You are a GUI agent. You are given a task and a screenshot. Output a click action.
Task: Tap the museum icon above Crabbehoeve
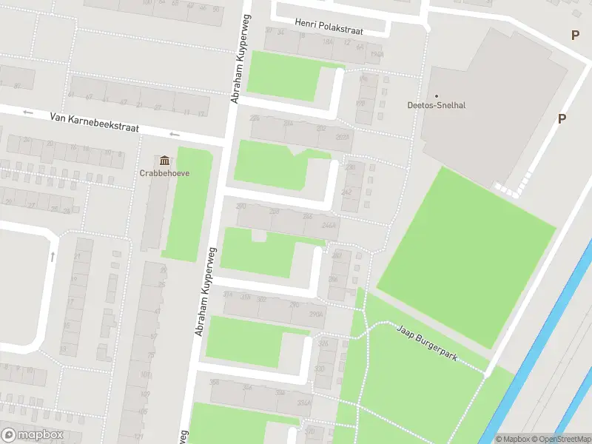pyautogui.click(x=164, y=161)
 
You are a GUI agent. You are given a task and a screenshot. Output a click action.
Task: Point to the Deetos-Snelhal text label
pyautogui.click(x=437, y=105)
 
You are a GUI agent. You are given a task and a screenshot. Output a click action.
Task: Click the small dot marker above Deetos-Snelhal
pyautogui.click(x=437, y=95)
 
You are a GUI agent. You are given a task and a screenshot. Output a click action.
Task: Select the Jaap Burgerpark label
pyautogui.click(x=426, y=343)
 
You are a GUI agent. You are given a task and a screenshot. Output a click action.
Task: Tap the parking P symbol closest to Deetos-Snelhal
pyautogui.click(x=562, y=118)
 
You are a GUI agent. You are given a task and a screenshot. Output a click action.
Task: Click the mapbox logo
pyautogui.click(x=33, y=435)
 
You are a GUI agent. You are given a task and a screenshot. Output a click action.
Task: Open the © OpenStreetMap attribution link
pyautogui.click(x=561, y=439)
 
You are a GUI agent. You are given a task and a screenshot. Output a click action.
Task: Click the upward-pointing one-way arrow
pyautogui.click(x=53, y=257)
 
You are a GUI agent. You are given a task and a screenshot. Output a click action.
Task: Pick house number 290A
pyautogui.click(x=316, y=314)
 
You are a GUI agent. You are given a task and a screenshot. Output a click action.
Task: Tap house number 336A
pyautogui.click(x=303, y=403)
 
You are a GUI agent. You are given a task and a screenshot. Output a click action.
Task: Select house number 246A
pyautogui.click(x=329, y=226)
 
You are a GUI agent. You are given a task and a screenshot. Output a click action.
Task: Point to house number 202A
pyautogui.click(x=342, y=137)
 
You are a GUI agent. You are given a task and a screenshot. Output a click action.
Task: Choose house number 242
pyautogui.click(x=346, y=192)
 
